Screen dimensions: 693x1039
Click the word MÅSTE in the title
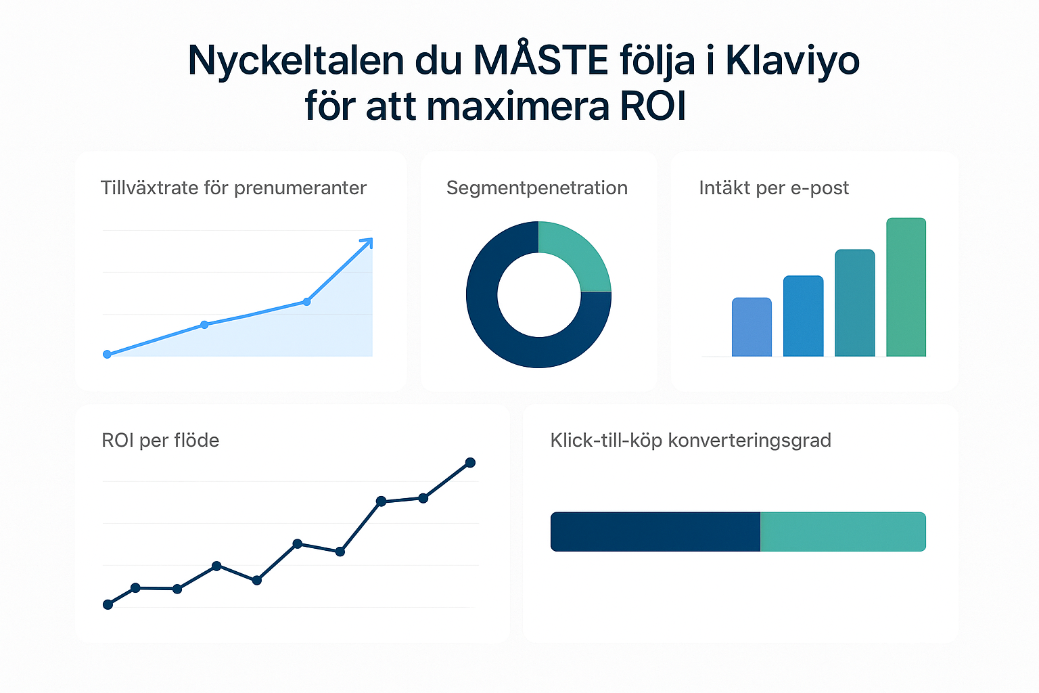click(x=540, y=61)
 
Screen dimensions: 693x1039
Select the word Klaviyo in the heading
click(x=792, y=61)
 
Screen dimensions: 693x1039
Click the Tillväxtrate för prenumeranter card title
click(x=233, y=187)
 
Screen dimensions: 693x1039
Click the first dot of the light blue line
click(x=107, y=354)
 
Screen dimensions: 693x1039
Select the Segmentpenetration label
click(x=536, y=187)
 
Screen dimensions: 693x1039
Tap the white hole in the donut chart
click(x=538, y=294)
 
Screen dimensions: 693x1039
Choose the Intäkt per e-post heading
click(x=773, y=187)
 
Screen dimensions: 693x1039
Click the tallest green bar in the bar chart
click(x=906, y=287)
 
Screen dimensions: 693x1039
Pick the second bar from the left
click(x=803, y=316)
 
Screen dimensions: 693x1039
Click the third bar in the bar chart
click(x=854, y=303)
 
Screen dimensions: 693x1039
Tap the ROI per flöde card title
click(x=160, y=440)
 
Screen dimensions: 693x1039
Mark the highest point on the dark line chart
click(x=470, y=463)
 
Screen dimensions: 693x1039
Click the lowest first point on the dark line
click(x=108, y=604)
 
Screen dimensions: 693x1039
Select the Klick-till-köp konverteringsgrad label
click(x=691, y=440)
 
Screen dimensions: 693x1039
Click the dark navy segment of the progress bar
click(x=655, y=531)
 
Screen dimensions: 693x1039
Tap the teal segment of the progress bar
click(x=843, y=531)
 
